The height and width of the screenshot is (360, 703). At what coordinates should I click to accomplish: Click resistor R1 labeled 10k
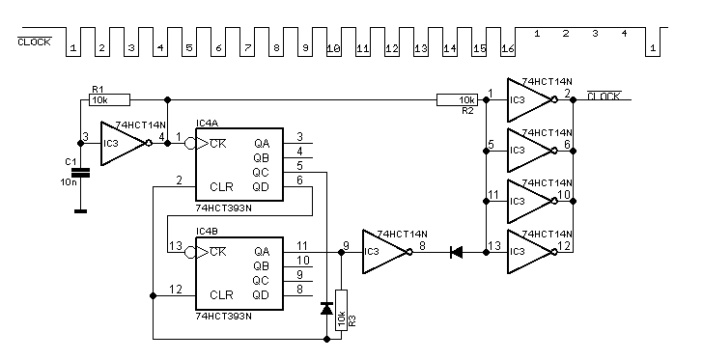(x=110, y=100)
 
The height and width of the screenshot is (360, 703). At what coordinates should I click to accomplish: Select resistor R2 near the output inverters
(x=458, y=100)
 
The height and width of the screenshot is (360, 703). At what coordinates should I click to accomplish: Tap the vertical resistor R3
(x=341, y=310)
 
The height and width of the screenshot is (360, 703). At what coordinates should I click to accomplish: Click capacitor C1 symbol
(x=81, y=172)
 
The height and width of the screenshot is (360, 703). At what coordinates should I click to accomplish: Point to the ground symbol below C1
(x=81, y=210)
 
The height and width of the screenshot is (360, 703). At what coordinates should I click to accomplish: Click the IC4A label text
(x=207, y=123)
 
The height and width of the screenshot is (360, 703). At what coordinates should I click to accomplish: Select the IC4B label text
(x=207, y=231)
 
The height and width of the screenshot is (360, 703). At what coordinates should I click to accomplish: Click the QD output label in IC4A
(x=262, y=186)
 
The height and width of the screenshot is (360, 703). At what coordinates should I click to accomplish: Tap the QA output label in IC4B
(x=262, y=252)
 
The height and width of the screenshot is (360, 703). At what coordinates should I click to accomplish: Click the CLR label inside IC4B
(x=221, y=295)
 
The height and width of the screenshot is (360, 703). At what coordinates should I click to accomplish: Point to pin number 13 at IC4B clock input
(x=176, y=246)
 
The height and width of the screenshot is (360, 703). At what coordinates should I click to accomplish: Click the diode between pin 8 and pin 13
(x=457, y=253)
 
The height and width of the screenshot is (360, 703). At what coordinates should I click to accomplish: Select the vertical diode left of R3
(x=326, y=309)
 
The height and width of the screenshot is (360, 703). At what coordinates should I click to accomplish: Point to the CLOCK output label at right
(x=604, y=96)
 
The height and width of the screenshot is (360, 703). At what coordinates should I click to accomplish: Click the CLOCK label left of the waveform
(x=35, y=42)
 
